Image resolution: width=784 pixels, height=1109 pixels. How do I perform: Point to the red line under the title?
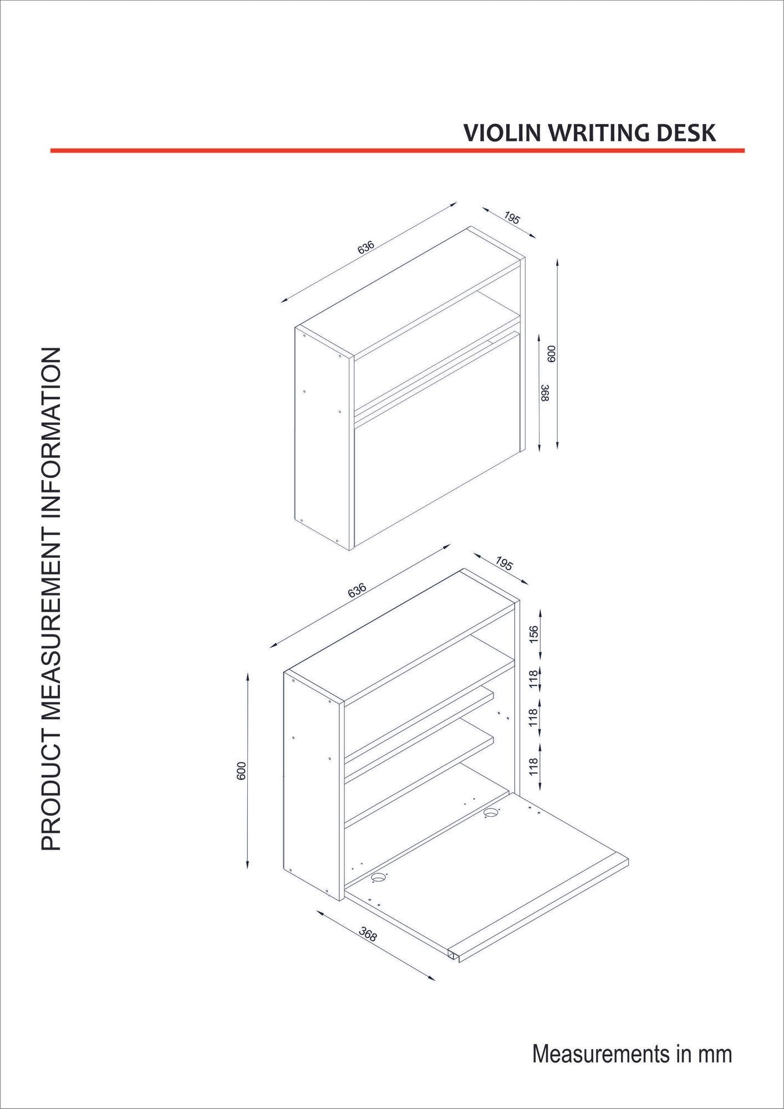[x=397, y=150]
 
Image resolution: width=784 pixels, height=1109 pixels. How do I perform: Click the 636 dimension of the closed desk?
[x=366, y=247]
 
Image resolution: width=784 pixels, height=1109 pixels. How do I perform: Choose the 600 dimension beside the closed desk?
[x=551, y=353]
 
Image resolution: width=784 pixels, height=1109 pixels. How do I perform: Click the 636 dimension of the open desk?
[x=357, y=591]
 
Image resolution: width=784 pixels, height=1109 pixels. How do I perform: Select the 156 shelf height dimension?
[x=533, y=634]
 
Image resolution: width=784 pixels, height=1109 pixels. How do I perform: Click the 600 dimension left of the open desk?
[x=241, y=771]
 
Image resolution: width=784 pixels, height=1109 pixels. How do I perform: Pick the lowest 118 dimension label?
[x=533, y=767]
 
